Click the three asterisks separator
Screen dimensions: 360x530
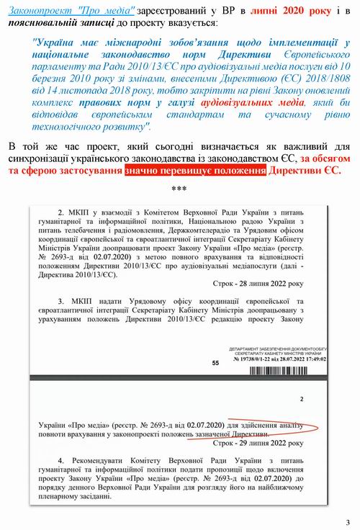(180, 189)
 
